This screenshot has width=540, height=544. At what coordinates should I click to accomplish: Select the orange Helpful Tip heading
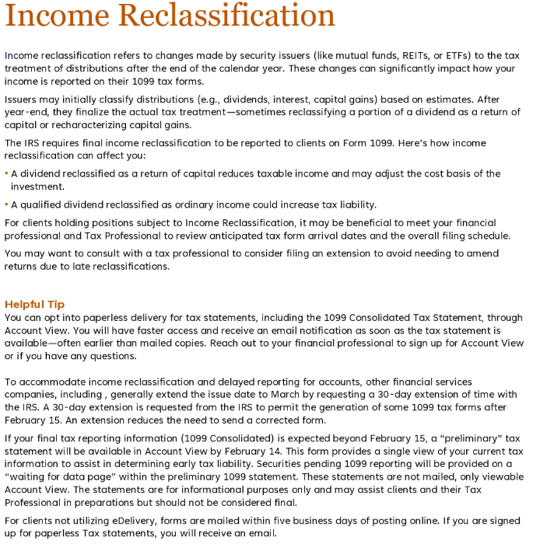coord(34,305)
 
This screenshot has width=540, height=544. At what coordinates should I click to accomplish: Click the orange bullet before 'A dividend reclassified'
coord(6,173)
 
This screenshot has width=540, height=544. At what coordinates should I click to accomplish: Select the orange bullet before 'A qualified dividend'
coord(6,204)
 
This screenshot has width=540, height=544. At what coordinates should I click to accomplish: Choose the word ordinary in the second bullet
coord(200,204)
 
